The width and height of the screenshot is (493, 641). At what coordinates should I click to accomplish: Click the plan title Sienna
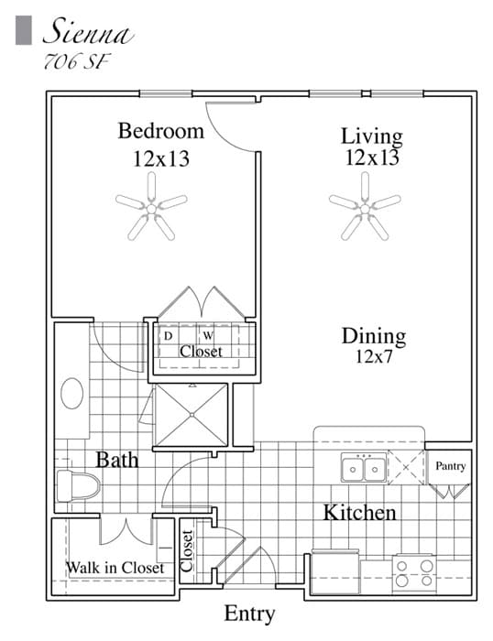[x=88, y=34]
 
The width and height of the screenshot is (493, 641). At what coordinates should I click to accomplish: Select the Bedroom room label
[x=160, y=131]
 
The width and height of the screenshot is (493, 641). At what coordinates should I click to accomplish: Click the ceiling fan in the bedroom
[x=152, y=209]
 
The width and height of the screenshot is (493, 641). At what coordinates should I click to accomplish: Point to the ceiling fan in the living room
[x=365, y=209]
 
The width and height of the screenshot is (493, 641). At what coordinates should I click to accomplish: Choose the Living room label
[x=372, y=136]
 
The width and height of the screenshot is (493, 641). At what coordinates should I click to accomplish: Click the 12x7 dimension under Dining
[x=374, y=356]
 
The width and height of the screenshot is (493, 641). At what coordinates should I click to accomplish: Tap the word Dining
[x=374, y=336]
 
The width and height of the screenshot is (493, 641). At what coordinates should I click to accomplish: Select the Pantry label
[x=450, y=466]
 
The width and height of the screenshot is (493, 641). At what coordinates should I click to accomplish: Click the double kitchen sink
[x=364, y=469]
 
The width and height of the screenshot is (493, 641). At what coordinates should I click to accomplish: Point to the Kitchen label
[x=359, y=512]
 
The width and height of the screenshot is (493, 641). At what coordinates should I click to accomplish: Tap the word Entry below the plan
[x=249, y=614]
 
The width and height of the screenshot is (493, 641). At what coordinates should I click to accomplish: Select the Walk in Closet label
[x=115, y=568]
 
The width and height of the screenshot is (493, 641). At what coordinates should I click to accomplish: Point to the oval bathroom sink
[x=72, y=395]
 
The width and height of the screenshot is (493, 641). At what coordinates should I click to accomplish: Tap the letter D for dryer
[x=168, y=335]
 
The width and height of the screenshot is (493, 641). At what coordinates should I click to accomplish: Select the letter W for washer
[x=208, y=335]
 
